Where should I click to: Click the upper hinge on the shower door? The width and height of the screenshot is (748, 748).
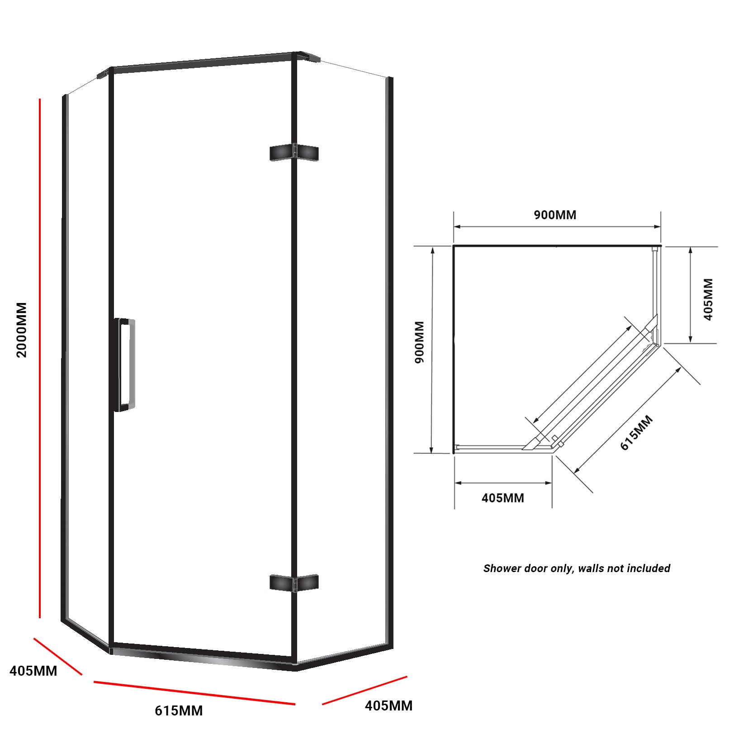294,153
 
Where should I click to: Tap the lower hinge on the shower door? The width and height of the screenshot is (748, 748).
294,582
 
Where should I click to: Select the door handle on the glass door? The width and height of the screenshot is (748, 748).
124,365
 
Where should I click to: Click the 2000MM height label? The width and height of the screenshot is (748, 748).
22,330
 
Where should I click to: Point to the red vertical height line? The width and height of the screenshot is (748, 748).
40,357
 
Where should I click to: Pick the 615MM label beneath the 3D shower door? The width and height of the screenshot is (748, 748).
179,710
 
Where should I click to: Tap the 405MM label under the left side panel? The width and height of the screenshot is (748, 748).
33,671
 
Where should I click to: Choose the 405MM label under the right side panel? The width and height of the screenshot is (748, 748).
388,705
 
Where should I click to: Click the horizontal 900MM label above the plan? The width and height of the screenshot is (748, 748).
555,215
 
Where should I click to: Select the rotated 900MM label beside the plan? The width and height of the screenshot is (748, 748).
420,342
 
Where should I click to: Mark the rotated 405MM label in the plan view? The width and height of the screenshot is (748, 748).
708,299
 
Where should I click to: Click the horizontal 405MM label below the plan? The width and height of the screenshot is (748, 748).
502,498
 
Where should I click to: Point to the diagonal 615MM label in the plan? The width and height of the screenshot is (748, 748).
636,433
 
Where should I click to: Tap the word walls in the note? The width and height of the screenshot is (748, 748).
591,568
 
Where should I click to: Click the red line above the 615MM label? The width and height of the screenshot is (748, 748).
194,693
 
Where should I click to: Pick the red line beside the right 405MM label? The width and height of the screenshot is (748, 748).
365,690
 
